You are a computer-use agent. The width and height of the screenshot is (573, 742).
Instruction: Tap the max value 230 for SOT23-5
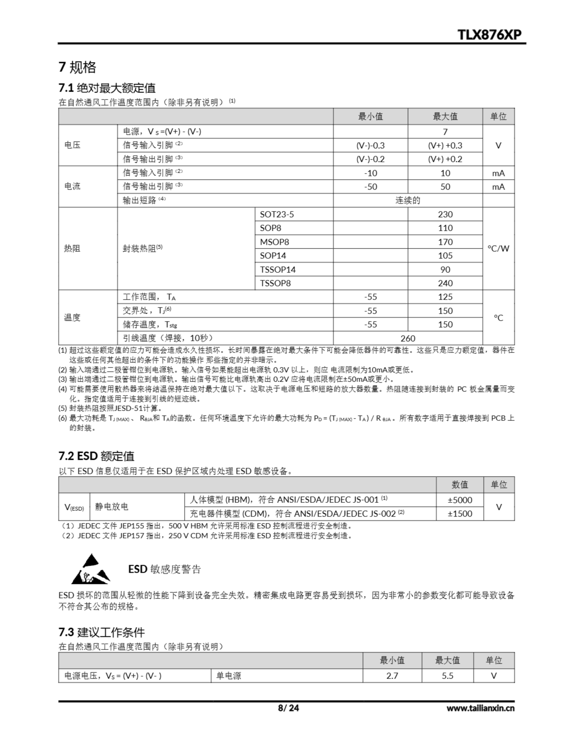(x=445, y=214)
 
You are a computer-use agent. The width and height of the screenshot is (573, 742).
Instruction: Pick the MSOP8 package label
(x=274, y=242)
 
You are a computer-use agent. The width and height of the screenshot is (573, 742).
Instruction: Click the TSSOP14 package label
(x=278, y=270)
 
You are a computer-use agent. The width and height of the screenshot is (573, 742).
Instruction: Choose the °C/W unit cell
(x=498, y=248)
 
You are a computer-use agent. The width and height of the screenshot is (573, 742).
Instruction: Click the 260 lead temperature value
(x=408, y=338)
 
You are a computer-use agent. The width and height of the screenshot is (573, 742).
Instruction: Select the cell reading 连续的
(x=408, y=201)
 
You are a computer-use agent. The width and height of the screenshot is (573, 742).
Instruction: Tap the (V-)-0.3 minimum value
(x=370, y=146)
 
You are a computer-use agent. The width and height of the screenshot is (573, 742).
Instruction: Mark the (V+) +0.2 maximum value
(x=445, y=159)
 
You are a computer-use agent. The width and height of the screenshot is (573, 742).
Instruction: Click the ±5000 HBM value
(x=460, y=500)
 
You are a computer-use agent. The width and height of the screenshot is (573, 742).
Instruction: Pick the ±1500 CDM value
(x=460, y=513)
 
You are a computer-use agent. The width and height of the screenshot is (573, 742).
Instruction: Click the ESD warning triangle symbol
(x=90, y=569)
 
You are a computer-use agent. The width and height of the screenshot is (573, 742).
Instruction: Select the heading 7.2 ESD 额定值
(x=96, y=456)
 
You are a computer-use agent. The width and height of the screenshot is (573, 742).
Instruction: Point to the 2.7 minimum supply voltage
(x=392, y=676)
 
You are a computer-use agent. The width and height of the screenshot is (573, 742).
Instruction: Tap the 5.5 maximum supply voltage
(x=447, y=676)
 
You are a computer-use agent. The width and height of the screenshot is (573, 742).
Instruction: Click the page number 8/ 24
(x=288, y=708)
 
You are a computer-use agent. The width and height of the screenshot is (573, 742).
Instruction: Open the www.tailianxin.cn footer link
(x=480, y=708)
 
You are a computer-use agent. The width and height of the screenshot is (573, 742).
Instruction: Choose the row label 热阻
(x=72, y=248)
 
